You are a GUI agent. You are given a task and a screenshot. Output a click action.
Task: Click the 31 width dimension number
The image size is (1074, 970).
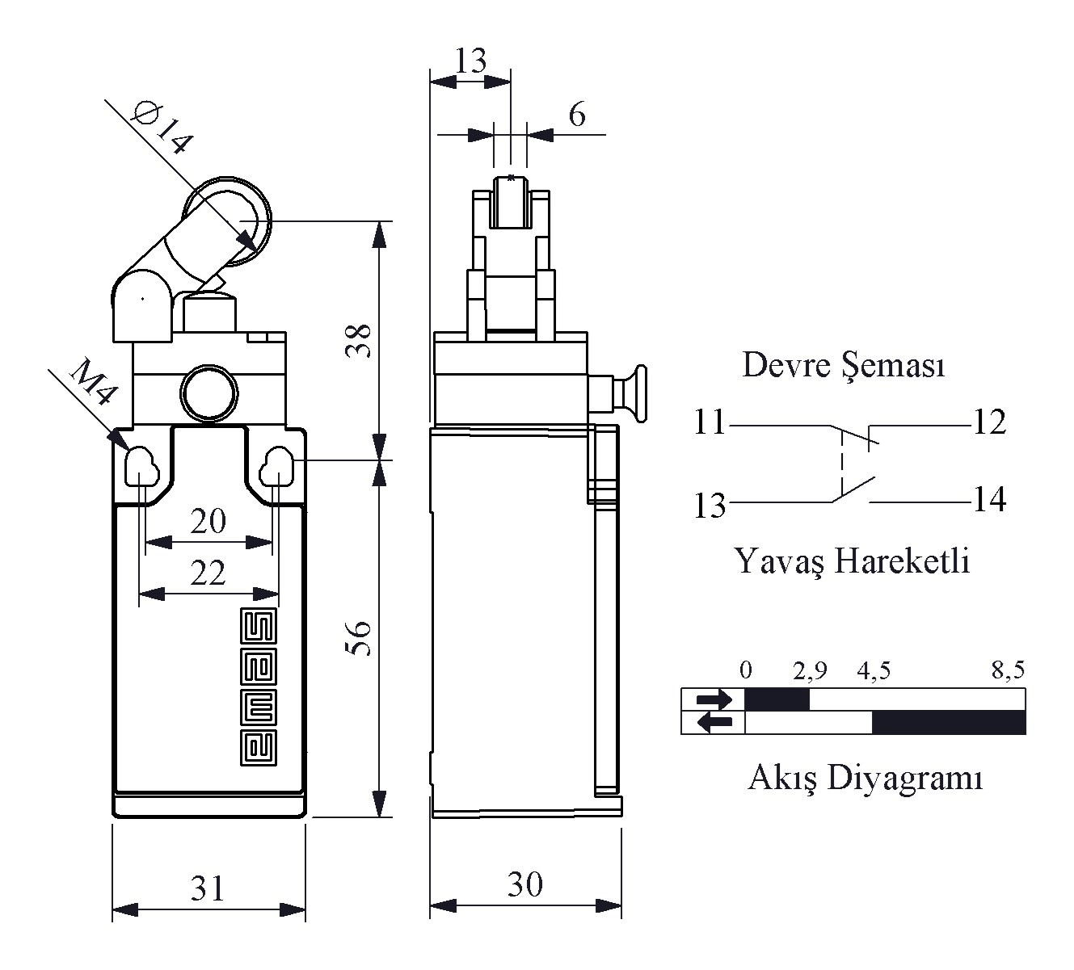(x=208, y=888)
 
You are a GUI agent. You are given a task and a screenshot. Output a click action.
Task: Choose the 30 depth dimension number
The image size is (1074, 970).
(x=525, y=884)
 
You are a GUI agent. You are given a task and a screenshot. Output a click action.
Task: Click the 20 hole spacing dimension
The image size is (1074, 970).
(x=208, y=521)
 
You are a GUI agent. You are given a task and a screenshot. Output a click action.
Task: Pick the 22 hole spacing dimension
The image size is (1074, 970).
(x=208, y=573)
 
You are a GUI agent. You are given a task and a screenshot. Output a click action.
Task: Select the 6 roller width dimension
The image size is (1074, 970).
(x=577, y=115)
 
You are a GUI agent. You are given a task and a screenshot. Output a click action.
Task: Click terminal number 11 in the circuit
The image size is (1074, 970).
(x=710, y=422)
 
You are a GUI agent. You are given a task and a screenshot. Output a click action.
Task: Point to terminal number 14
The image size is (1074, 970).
(x=989, y=499)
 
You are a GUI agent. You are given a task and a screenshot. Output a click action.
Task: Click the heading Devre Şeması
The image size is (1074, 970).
(x=844, y=366)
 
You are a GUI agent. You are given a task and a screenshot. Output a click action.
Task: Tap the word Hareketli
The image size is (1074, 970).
(x=903, y=561)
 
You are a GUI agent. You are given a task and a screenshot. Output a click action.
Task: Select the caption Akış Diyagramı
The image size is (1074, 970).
(x=866, y=778)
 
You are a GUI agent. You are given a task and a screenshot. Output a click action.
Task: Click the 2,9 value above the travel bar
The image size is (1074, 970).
(x=810, y=670)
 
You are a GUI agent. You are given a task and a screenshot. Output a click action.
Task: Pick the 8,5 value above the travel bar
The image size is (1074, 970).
(x=1009, y=670)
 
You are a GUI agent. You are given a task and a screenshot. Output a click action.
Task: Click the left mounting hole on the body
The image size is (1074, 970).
(x=142, y=466)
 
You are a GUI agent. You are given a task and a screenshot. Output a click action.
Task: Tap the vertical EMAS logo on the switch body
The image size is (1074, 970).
(x=258, y=687)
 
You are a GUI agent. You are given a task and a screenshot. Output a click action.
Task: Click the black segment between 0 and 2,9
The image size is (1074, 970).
(x=777, y=699)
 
